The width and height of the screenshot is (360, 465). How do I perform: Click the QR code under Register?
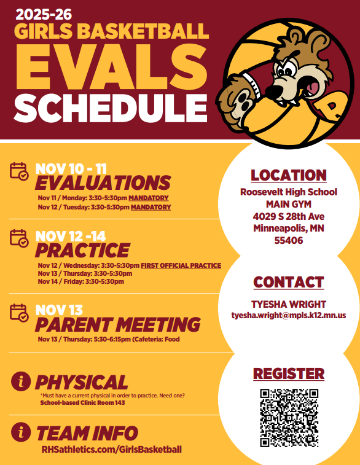click(289, 418)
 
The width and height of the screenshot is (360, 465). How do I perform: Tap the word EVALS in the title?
click(111, 67)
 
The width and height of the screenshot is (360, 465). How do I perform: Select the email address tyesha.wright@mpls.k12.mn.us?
click(289, 315)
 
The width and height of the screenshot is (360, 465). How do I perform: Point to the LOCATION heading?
click(289, 175)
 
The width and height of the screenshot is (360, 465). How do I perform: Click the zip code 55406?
click(289, 240)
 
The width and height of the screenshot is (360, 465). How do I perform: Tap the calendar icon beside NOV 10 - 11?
click(19, 171)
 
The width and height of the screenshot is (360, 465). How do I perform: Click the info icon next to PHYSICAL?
click(21, 381)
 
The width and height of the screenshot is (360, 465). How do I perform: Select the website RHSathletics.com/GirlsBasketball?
click(111, 449)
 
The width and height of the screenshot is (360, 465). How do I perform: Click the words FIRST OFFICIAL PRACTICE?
click(181, 265)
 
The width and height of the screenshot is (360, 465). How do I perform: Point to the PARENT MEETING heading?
click(118, 324)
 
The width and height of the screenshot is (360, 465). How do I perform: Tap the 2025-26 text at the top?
click(44, 14)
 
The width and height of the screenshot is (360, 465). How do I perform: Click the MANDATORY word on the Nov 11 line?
click(149, 198)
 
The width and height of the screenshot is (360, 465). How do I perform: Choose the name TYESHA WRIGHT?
click(289, 304)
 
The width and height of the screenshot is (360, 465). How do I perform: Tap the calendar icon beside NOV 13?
click(19, 313)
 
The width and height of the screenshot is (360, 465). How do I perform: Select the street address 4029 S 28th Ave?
click(289, 216)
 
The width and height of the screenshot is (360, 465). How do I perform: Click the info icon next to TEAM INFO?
click(21, 432)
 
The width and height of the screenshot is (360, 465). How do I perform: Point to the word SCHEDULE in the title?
click(111, 108)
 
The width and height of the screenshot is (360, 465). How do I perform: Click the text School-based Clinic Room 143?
click(82, 403)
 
